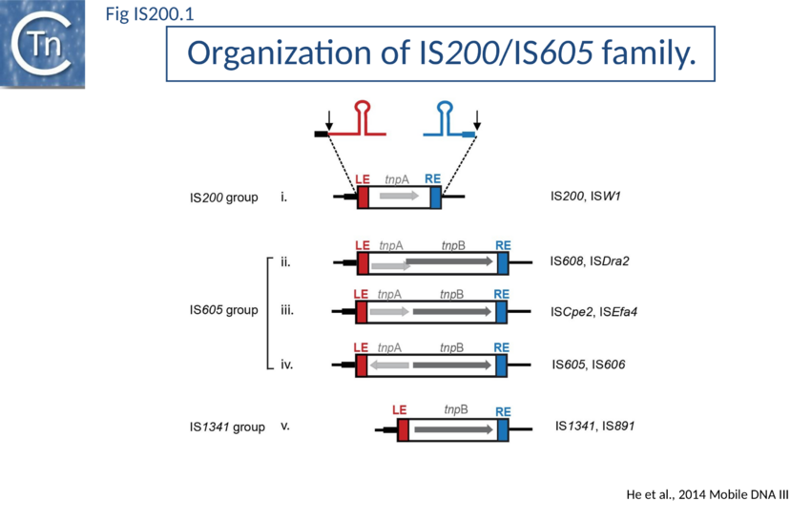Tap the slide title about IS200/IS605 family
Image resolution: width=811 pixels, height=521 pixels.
[440, 54]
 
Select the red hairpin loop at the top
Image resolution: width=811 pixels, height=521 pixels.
[363, 112]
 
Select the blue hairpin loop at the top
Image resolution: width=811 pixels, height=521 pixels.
[446, 112]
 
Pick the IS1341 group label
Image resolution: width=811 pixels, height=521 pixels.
[227, 427]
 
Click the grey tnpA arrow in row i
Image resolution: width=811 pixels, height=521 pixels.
[398, 196]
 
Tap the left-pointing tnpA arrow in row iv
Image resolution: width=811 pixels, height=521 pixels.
[389, 365]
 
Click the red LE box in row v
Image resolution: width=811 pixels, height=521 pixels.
[403, 430]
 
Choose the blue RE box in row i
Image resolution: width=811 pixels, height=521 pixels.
[435, 197]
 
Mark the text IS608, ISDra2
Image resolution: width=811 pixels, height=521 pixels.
[590, 260]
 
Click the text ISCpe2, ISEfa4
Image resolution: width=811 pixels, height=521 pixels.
[593, 311]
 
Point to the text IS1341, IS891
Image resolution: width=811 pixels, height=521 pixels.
[594, 426]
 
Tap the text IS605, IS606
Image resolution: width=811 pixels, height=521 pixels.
[589, 365]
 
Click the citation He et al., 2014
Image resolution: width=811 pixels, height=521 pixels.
[707, 493]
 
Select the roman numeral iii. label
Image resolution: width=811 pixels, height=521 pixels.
[287, 310]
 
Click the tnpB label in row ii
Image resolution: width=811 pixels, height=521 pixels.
[453, 245]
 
